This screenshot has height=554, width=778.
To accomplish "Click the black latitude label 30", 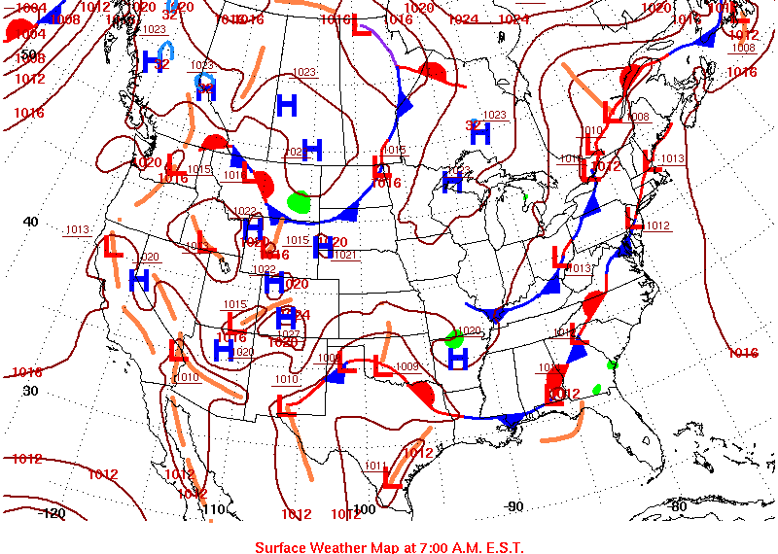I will click(x=30, y=390).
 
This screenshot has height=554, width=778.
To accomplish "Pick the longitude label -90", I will click(x=513, y=505).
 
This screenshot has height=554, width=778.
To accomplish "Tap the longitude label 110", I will click(x=215, y=509).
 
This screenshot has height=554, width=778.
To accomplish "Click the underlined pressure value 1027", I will click(x=289, y=333).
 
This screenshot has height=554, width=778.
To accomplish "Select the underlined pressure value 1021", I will click(x=345, y=255).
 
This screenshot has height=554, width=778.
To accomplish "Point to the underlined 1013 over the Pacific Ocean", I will click(x=77, y=229).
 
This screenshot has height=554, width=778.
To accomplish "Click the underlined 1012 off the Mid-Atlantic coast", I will click(x=657, y=225).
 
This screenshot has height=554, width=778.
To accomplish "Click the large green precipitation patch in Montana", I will click(x=300, y=202).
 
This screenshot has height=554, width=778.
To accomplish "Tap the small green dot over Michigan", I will click(x=524, y=196).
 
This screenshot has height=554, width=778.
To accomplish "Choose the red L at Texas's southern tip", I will click(x=393, y=477).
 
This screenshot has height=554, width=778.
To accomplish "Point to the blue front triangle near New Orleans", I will click(x=509, y=420).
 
